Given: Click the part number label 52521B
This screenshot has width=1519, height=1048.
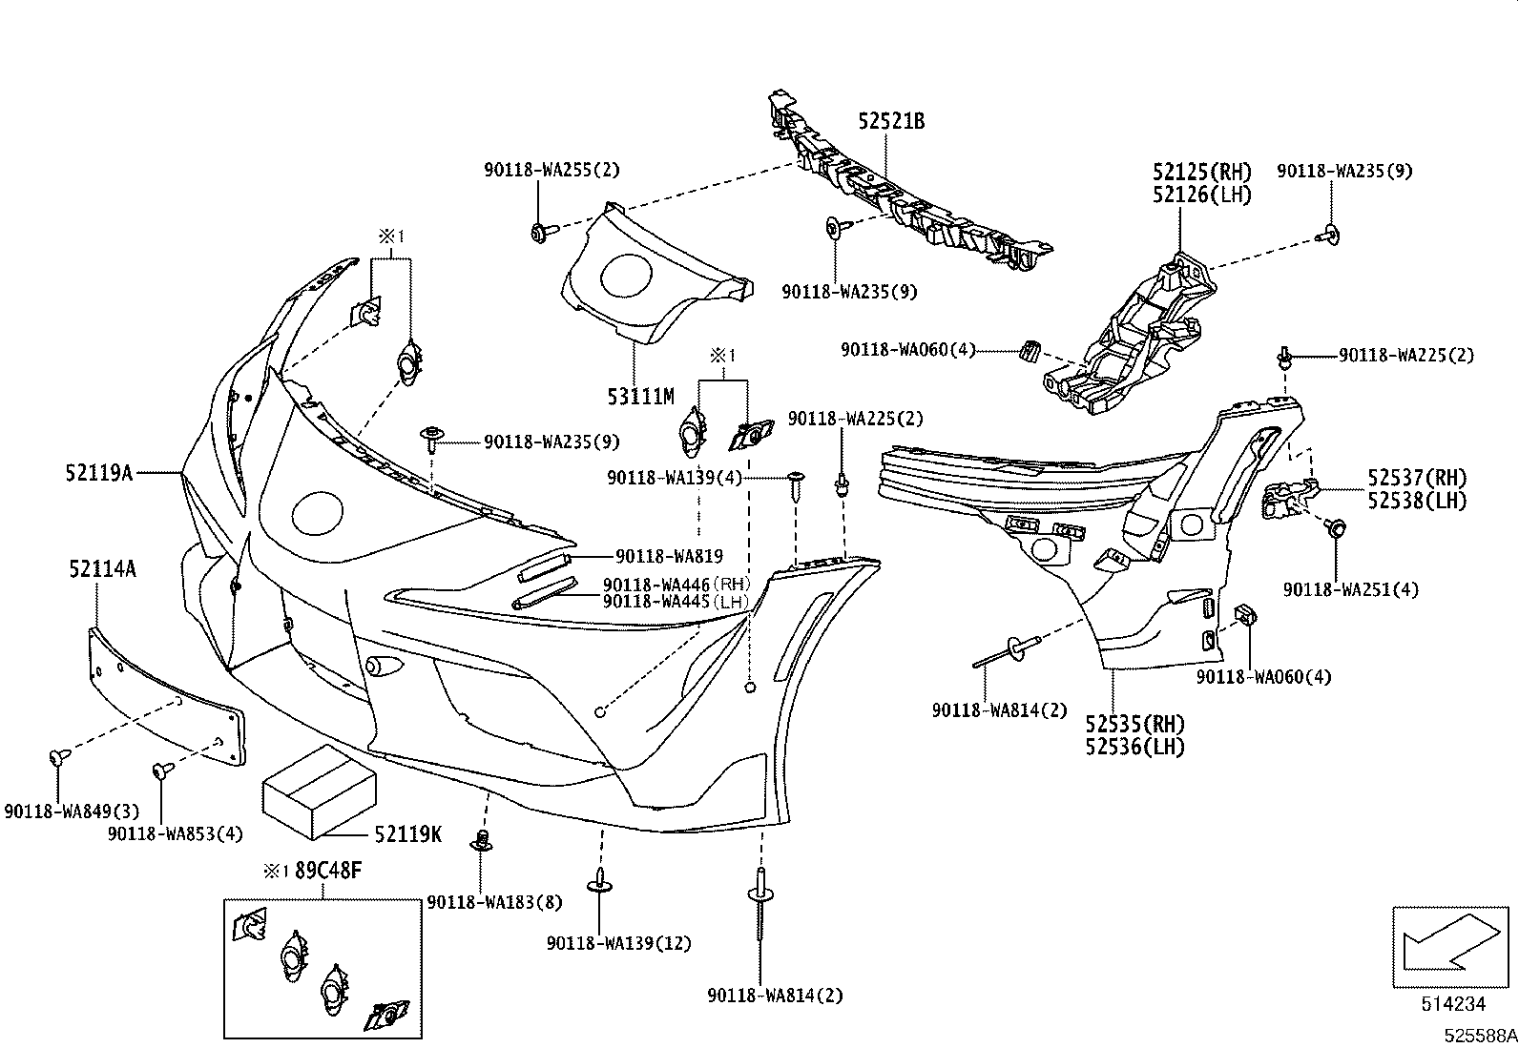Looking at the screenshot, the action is [891, 121].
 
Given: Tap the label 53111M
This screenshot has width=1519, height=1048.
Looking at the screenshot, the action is [641, 397].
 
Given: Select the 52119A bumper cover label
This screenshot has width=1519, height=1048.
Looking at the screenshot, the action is [99, 472].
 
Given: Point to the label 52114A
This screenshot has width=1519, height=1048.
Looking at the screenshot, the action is [102, 568].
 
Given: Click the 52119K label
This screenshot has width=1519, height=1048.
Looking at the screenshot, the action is [408, 833].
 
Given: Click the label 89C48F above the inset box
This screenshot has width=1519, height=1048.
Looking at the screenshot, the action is [328, 871].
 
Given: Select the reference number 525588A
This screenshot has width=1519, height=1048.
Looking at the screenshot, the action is [1480, 1036].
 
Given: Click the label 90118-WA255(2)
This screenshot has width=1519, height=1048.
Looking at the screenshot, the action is [552, 170].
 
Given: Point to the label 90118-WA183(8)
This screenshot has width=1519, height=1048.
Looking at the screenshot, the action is [494, 902].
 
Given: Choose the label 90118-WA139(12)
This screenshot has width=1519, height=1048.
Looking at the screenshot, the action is [619, 943].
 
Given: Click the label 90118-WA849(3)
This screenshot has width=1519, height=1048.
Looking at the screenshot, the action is [72, 811].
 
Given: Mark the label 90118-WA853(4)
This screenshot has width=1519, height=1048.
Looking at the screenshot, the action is [175, 833].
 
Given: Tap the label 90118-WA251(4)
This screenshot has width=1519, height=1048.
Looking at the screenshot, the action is [1351, 589].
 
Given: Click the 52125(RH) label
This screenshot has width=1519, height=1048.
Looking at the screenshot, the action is [1202, 172].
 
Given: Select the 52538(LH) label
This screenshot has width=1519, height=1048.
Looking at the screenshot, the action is [1417, 501].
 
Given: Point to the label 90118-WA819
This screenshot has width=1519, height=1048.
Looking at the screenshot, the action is [669, 556].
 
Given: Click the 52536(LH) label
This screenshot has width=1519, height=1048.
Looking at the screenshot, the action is [1135, 747].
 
